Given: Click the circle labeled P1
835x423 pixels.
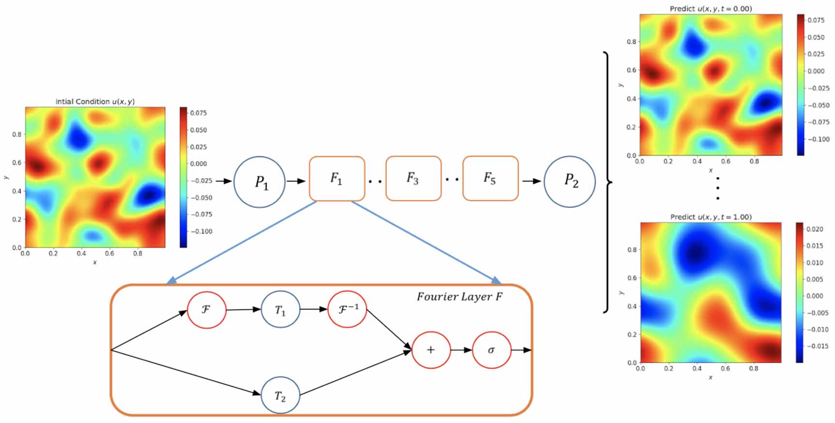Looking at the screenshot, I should pyautogui.click(x=260, y=182).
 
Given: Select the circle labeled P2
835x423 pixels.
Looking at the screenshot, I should pyautogui.click(x=570, y=181).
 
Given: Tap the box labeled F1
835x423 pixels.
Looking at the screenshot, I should pyautogui.click(x=337, y=179).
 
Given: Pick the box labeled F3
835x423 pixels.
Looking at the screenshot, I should pyautogui.click(x=413, y=178).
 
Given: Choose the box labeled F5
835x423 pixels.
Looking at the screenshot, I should pyautogui.click(x=490, y=178).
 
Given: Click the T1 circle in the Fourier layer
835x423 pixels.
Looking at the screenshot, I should pyautogui.click(x=280, y=310).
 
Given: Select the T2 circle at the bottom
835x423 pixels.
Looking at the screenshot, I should pyautogui.click(x=280, y=395).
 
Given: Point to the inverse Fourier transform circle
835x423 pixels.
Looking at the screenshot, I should pyautogui.click(x=347, y=309).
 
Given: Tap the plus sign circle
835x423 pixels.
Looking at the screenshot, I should pyautogui.click(x=431, y=350).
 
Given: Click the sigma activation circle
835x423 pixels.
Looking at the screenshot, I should pyautogui.click(x=492, y=350).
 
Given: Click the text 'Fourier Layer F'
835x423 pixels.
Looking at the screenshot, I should pyautogui.click(x=459, y=297).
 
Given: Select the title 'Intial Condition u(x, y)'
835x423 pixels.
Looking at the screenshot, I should pyautogui.click(x=95, y=102).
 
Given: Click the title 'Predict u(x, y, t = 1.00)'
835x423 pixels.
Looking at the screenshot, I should pyautogui.click(x=711, y=217).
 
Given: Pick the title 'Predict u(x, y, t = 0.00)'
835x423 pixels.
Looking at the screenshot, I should pyautogui.click(x=711, y=9).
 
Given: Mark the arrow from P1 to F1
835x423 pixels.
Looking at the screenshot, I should pyautogui.click(x=296, y=181).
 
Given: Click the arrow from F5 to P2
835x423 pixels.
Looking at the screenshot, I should pyautogui.click(x=531, y=181).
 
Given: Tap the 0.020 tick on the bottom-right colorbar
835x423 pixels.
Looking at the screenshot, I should pyautogui.click(x=815, y=229).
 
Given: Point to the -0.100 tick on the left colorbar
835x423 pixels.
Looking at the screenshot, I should pyautogui.click(x=201, y=231).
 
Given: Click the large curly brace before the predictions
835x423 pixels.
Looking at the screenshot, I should pyautogui.click(x=607, y=182).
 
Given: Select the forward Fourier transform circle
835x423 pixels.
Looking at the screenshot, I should pyautogui.click(x=206, y=309).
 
